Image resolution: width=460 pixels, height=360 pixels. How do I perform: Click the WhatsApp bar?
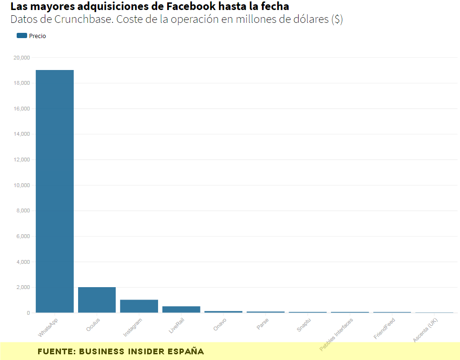[55, 191]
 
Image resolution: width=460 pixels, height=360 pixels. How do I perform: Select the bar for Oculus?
[97, 300]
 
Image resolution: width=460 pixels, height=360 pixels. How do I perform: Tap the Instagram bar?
[139, 306]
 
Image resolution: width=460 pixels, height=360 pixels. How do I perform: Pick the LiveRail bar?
[181, 310]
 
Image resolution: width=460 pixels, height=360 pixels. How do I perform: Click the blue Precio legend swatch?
[21, 36]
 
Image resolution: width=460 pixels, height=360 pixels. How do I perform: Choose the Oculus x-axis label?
[93, 324]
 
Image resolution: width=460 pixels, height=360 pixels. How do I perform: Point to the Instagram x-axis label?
[133, 327]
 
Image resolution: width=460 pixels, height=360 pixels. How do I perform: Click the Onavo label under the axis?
[220, 324]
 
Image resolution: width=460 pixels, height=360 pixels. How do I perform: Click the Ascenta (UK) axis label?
[425, 330]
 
